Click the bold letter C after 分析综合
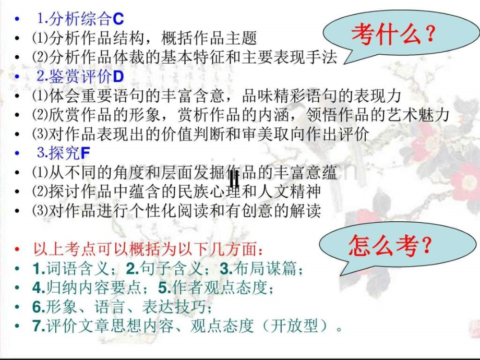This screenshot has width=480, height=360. tap(118, 20)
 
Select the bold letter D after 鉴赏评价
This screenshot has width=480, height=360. tap(118, 77)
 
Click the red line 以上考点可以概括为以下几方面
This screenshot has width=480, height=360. tap(145, 249)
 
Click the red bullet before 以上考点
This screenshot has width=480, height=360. tap(19, 250)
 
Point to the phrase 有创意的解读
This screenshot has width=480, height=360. tap(287, 211)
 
